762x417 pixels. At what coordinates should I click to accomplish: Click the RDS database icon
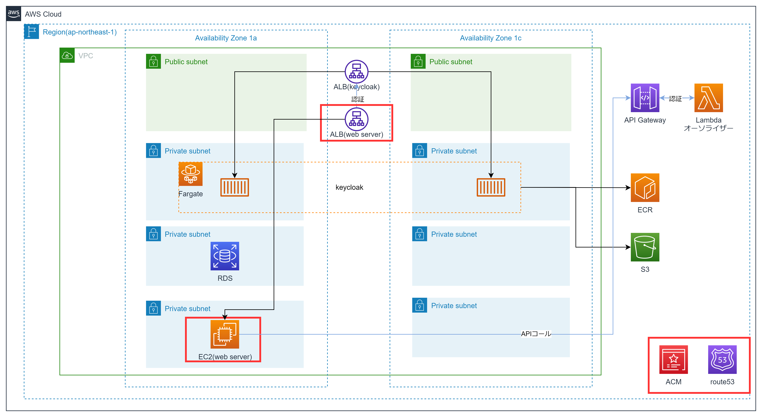pos(225,256)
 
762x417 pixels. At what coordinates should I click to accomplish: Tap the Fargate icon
pos(190,174)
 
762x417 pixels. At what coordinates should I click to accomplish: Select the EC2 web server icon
pos(225,334)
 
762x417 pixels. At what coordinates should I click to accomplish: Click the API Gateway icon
pos(645,98)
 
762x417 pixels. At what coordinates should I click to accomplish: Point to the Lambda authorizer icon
pos(708,98)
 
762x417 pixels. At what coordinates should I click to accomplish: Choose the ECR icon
pos(645,188)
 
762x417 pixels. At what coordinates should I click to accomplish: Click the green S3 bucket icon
pos(645,247)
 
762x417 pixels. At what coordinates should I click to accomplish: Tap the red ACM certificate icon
pos(674,360)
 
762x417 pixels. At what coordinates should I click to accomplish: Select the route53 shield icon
pos(722,360)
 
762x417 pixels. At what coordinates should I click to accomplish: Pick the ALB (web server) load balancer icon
pos(356,119)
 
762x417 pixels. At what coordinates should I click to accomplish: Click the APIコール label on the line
pos(536,334)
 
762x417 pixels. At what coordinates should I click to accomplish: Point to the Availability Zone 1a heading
pos(226,38)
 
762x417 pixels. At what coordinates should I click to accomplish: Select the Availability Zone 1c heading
pos(490,38)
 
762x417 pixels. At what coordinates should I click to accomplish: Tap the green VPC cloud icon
pos(67,56)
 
